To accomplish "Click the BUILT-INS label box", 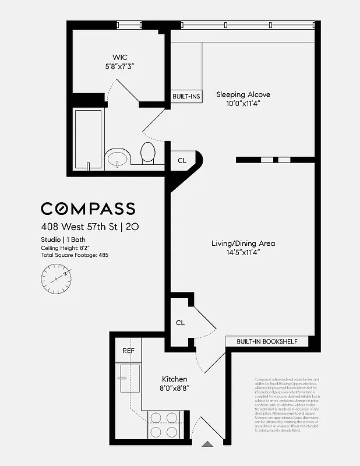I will [x=186, y=96].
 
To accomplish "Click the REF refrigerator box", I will [x=128, y=351].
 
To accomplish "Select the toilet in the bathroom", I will [x=148, y=153].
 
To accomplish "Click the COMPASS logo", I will [x=88, y=209].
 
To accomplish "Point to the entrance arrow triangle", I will [x=207, y=444].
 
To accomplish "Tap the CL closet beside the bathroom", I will [x=182, y=160].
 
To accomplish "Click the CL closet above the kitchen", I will [x=181, y=322].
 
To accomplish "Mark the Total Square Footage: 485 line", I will [x=75, y=255].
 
